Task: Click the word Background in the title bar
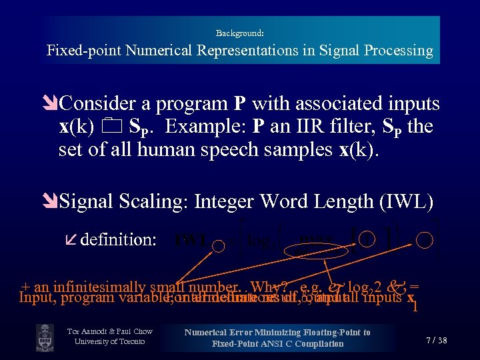click(x=239, y=33)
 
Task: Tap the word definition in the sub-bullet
click(x=118, y=240)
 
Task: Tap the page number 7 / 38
click(x=436, y=340)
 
